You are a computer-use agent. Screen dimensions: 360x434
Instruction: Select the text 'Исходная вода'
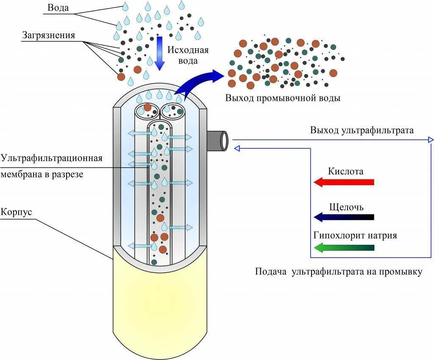pyautogui.click(x=188, y=55)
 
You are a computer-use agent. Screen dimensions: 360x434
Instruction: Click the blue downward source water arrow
pyautogui.click(x=159, y=53)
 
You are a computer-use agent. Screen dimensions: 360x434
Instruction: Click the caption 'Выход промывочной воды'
pyautogui.click(x=283, y=98)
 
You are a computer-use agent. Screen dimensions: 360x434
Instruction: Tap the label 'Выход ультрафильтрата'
pyautogui.click(x=362, y=130)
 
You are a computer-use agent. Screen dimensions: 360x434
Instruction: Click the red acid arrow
pyautogui.click(x=344, y=182)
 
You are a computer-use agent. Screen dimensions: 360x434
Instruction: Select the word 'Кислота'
pyautogui.click(x=345, y=172)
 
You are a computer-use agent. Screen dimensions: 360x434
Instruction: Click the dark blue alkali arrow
pyautogui.click(x=344, y=217)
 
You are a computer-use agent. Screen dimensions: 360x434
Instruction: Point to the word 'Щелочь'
pyautogui.click(x=346, y=207)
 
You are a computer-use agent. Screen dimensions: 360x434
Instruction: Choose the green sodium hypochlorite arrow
pyautogui.click(x=344, y=248)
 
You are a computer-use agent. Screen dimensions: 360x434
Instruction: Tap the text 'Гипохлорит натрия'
pyautogui.click(x=355, y=235)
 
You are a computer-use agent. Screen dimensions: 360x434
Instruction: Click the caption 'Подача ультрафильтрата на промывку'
pyautogui.click(x=339, y=271)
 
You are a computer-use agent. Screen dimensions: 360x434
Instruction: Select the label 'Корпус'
pyautogui.click(x=16, y=212)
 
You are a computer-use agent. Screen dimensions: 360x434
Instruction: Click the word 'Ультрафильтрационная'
pyautogui.click(x=52, y=158)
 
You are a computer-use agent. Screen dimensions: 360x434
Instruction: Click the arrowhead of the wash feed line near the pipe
pyautogui.click(x=237, y=148)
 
